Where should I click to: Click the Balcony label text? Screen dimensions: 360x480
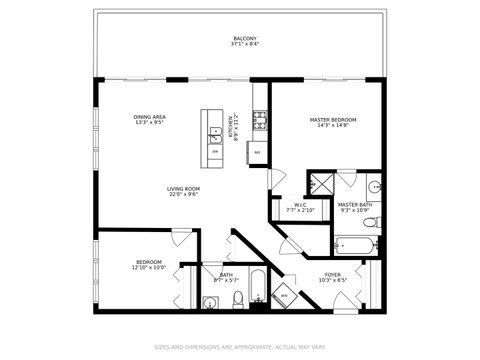[x=244, y=38]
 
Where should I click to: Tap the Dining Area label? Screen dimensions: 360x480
[x=150, y=117]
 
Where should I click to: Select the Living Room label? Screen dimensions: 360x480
[x=183, y=188]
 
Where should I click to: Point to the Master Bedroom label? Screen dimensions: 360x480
[x=333, y=119]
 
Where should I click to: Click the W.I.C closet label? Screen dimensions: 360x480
[x=301, y=205]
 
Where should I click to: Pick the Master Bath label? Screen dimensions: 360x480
[x=355, y=204]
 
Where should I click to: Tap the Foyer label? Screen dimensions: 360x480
[x=332, y=274]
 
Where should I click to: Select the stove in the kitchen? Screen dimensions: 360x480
[x=260, y=121]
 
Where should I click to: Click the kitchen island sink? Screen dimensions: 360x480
[x=215, y=131]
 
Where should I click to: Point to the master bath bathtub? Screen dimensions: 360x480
[x=354, y=244]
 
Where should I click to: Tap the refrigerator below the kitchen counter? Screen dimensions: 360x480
[x=258, y=152]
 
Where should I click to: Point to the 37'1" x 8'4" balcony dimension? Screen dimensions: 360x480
[x=244, y=45]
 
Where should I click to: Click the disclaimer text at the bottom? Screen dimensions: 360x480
[x=240, y=348]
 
